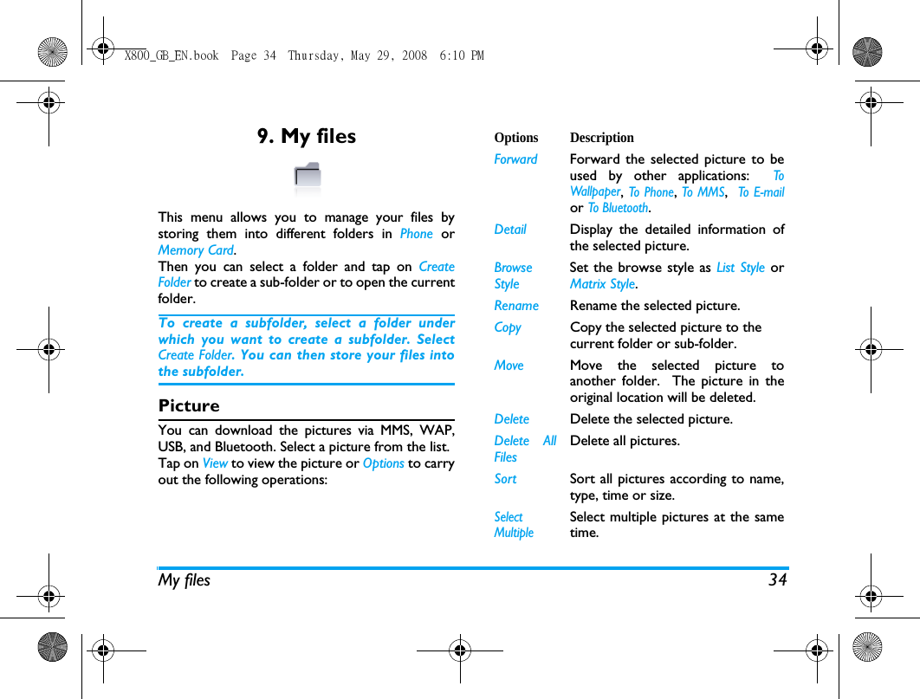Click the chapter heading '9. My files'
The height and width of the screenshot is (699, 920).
click(x=307, y=136)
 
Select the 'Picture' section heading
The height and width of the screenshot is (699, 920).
click(x=189, y=405)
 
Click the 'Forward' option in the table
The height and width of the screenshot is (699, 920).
click(x=515, y=159)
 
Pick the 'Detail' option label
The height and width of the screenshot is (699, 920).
click(x=510, y=230)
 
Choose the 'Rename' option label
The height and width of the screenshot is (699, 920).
click(x=516, y=306)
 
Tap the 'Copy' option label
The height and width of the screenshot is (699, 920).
click(x=508, y=327)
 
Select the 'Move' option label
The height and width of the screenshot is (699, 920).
click(x=509, y=366)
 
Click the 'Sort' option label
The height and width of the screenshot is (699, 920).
click(x=505, y=479)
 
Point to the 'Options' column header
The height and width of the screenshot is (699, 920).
click(x=516, y=138)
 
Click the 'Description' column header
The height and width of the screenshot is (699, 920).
click(x=602, y=138)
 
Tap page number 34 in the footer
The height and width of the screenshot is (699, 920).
click(x=777, y=579)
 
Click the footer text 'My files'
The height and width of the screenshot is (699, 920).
click(x=184, y=579)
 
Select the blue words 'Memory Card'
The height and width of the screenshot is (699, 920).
click(x=196, y=250)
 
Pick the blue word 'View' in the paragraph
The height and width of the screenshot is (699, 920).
click(x=215, y=463)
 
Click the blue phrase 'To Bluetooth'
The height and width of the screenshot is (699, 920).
click(x=619, y=208)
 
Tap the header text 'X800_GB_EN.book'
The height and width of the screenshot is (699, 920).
click(x=172, y=55)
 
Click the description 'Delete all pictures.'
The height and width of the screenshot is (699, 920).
click(x=625, y=441)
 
